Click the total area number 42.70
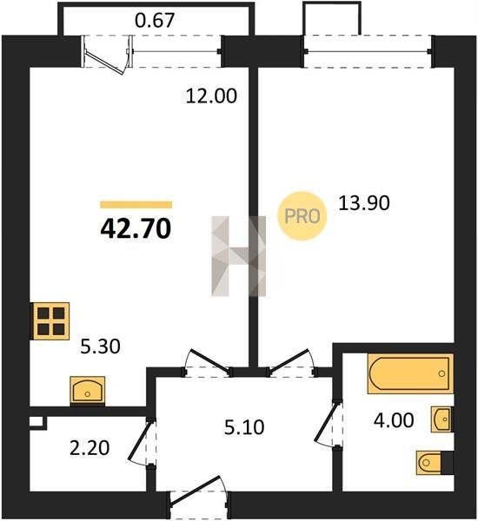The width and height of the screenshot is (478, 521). tap(136, 228)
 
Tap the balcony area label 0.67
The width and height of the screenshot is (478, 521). tap(155, 20)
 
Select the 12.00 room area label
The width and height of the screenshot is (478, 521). tap(211, 96)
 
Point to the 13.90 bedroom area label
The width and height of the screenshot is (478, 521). tap(364, 203)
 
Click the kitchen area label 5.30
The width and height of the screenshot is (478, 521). tap(101, 346)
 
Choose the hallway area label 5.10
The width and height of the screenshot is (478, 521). tap(244, 427)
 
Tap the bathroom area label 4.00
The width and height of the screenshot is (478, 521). tap(394, 420)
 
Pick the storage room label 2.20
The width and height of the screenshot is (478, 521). tap(90, 448)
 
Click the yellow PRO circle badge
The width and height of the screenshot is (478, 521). tap(302, 216)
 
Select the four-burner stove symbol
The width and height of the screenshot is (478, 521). tap(50, 321)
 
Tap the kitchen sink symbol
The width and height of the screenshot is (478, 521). tap(88, 391)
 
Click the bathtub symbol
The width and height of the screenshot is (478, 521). tap(410, 373)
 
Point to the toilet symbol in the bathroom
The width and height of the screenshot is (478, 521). tap(435, 462)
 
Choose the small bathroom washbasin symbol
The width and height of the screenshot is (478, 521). tap(441, 419)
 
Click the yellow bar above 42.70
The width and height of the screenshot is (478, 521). tap(136, 205)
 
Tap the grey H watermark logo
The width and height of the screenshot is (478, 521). tap(239, 256)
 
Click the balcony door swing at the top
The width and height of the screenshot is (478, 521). tap(107, 55)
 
